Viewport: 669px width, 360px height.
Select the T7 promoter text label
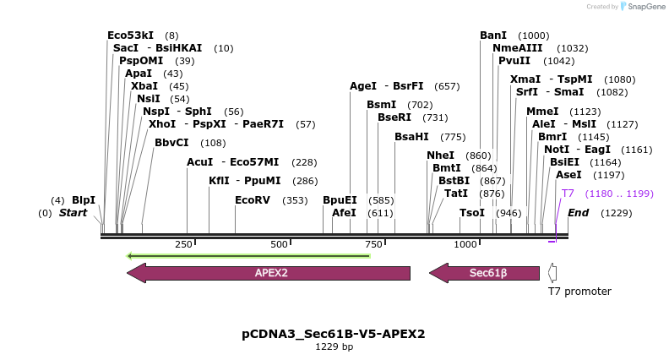pos(579,292)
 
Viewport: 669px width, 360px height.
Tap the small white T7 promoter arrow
pos(552,273)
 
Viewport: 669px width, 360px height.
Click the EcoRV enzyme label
pos(253,200)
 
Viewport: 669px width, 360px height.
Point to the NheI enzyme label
pos(440,155)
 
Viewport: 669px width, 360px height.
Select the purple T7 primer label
pos(568,194)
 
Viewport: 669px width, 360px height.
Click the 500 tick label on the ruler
pos(280,244)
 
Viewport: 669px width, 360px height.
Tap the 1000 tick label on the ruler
pos(466,244)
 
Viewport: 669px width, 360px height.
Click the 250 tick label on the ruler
pos(183,244)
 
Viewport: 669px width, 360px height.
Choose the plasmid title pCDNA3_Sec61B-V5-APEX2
pos(334,334)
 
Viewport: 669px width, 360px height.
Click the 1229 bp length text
pos(334,346)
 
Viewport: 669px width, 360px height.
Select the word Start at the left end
pos(73,213)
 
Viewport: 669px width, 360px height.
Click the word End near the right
pos(578,213)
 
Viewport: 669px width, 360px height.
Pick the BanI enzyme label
pos(493,35)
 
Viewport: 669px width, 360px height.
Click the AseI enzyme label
pos(568,175)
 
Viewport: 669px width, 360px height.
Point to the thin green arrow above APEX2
pos(247,255)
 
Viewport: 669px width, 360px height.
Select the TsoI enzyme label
pos(472,213)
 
